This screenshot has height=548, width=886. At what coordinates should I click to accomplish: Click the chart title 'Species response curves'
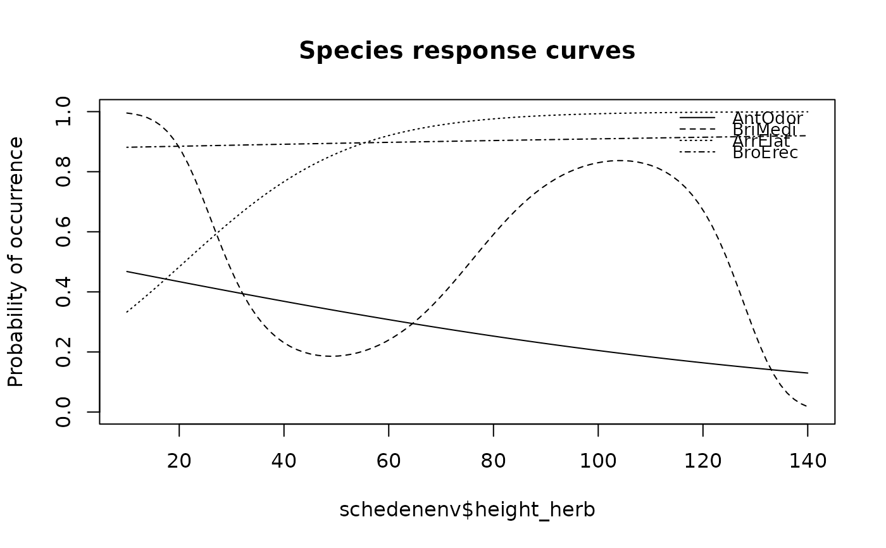tap(467, 51)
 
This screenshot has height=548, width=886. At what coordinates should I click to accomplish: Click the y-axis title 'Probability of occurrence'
tap(16, 261)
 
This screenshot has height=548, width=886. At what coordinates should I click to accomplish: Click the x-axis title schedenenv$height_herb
tap(467, 509)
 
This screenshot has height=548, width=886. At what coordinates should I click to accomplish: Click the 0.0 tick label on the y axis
tap(63, 412)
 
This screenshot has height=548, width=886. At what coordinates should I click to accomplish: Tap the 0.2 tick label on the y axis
tap(63, 352)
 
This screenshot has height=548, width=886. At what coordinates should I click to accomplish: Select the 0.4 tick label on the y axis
tap(63, 292)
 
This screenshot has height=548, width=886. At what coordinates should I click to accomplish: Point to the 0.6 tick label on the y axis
tap(63, 232)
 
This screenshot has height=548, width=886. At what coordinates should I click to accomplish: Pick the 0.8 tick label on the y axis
tap(63, 171)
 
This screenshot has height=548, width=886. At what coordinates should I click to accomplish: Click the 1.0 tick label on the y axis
tap(63, 112)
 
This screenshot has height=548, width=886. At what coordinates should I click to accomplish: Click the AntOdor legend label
tap(767, 118)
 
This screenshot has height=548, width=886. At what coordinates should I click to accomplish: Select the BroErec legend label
tap(765, 153)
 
